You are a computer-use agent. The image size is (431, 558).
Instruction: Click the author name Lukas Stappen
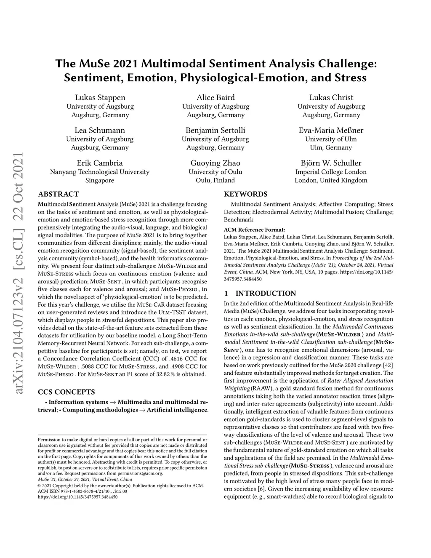(100, 97)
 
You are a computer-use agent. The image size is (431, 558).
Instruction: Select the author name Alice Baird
(215, 97)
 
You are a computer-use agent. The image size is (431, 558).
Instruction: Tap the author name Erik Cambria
(100, 163)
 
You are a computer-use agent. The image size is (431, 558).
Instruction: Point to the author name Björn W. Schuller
(331, 163)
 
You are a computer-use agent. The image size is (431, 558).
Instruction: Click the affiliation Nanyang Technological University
(100, 172)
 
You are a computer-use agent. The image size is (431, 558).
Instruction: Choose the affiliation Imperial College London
(331, 172)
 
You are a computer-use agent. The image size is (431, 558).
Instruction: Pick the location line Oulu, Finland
(215, 180)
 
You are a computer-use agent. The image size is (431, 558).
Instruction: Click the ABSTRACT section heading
(58, 194)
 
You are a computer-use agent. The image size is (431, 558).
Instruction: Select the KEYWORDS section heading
(245, 194)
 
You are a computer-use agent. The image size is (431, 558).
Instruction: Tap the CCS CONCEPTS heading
(66, 392)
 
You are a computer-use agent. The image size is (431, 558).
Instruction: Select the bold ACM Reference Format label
(254, 230)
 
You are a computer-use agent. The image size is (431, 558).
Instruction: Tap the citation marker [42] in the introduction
(389, 365)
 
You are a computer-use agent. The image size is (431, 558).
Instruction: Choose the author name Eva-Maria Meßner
(331, 130)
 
